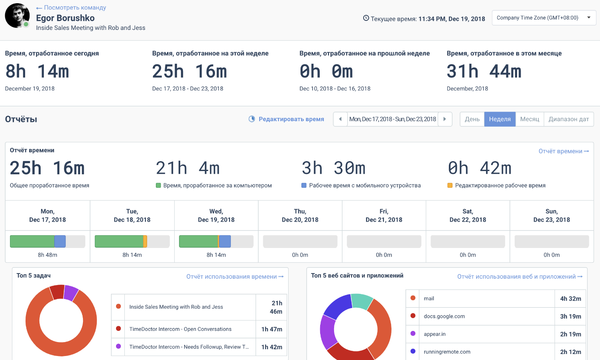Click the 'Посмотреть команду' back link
(71, 8)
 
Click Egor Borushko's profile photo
(17, 16)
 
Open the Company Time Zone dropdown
(544, 18)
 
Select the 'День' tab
(472, 119)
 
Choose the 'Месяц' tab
(529, 119)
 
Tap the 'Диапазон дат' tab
(569, 119)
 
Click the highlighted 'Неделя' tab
(500, 119)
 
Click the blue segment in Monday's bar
(60, 241)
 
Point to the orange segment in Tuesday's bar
(145, 241)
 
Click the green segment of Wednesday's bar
(199, 241)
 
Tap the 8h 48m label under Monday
(47, 255)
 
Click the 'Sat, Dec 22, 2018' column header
(468, 215)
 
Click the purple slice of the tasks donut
(71, 293)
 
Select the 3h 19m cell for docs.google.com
(570, 316)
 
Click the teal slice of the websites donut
(362, 301)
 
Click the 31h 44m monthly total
(484, 71)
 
